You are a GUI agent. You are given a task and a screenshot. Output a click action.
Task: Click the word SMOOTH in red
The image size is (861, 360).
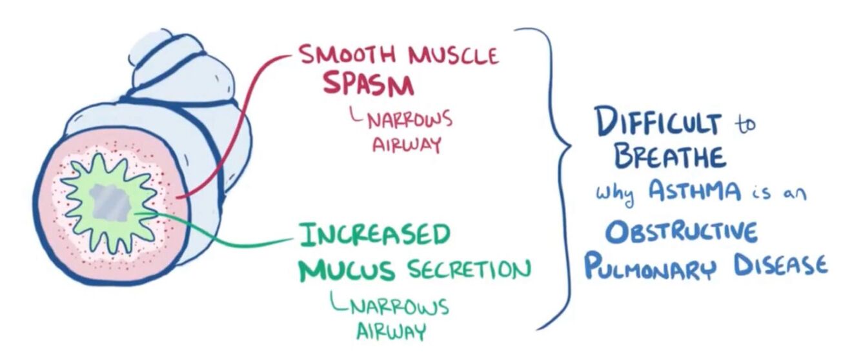pyautogui.click(x=346, y=56)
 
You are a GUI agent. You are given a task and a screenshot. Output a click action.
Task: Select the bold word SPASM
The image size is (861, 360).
pyautogui.click(x=367, y=84)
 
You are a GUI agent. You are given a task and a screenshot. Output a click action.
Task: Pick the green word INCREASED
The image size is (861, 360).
pyautogui.click(x=374, y=235)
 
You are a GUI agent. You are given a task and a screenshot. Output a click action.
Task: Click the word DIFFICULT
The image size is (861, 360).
pyautogui.click(x=658, y=123)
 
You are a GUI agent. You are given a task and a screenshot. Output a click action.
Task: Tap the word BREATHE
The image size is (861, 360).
pyautogui.click(x=669, y=157)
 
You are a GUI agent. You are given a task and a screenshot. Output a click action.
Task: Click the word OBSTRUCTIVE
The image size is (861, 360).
pyautogui.click(x=684, y=231)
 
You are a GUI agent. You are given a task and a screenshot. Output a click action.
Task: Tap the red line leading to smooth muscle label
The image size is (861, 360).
pyautogui.click(x=239, y=110)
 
